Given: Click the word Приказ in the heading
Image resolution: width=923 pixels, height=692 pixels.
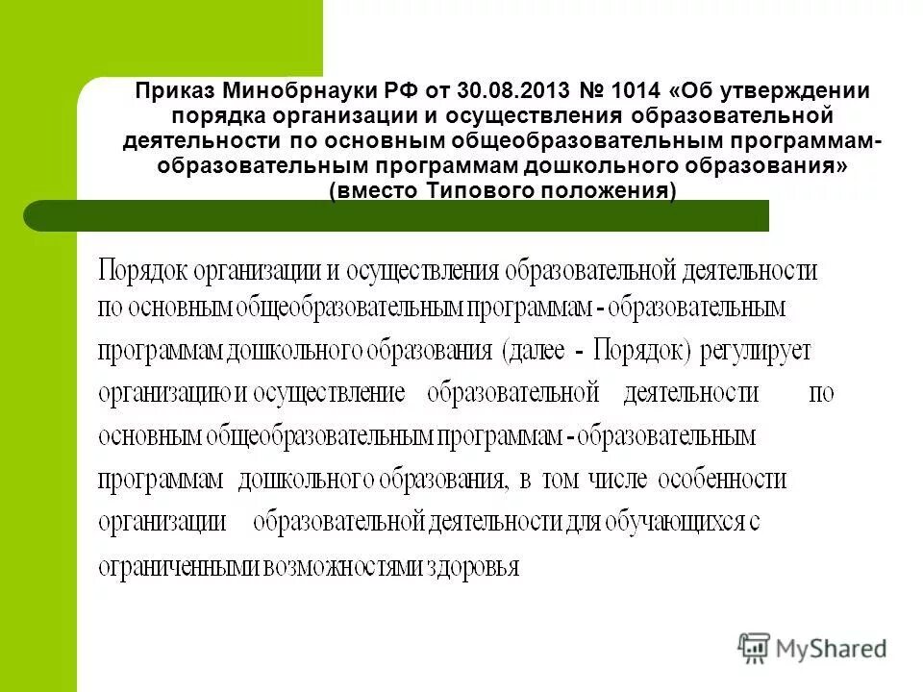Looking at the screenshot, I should pyautogui.click(x=175, y=91).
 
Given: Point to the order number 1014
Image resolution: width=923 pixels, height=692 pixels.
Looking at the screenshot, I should pyautogui.click(x=636, y=91).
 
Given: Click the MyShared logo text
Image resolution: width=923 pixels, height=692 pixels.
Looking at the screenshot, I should pyautogui.click(x=832, y=649).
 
